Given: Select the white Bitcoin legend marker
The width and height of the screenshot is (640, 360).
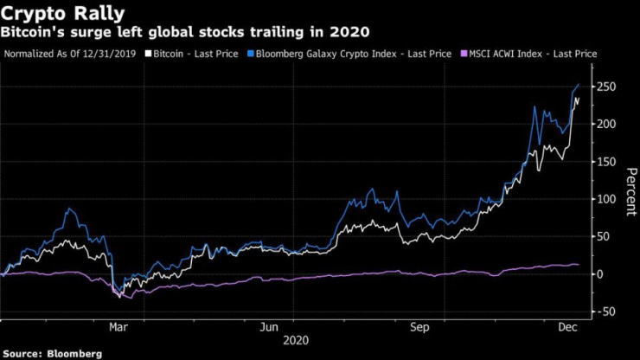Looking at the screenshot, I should point(148,54).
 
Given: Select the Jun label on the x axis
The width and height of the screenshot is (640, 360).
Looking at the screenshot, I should point(270,327).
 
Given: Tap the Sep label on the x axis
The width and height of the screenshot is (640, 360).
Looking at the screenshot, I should point(420,327).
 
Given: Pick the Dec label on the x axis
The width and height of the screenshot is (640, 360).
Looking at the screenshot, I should point(568,327).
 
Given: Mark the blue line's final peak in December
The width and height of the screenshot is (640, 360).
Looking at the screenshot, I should point(578,85).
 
